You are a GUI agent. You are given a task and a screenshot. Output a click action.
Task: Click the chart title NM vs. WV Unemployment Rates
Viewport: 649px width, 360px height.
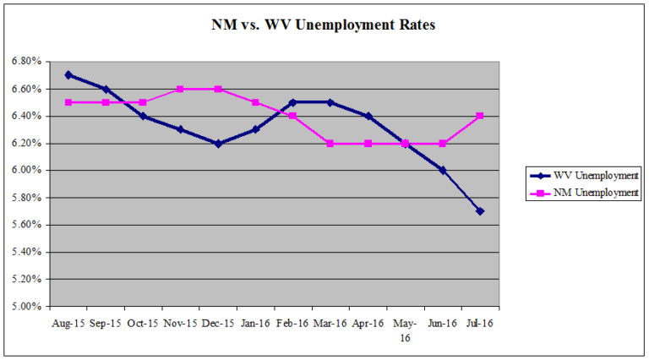point(323,25)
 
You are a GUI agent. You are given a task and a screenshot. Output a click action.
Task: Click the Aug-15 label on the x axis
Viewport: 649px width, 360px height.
point(68,322)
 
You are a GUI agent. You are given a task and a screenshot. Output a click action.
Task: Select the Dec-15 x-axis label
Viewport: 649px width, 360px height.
point(218,322)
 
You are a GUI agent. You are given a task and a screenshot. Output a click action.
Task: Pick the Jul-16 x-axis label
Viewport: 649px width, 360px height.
point(480,322)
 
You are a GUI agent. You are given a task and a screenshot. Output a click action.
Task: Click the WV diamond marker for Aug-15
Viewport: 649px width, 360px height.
point(68,74)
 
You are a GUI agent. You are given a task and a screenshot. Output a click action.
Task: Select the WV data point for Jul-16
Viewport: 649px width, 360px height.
point(480,210)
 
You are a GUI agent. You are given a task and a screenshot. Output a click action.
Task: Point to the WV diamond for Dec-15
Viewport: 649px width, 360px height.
point(218,143)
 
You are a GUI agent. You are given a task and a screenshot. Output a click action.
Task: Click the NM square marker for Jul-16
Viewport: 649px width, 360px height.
point(480,116)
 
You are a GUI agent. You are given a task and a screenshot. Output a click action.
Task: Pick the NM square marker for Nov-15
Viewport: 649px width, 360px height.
point(180,89)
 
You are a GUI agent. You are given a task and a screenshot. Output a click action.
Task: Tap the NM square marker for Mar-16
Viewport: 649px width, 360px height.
point(330,143)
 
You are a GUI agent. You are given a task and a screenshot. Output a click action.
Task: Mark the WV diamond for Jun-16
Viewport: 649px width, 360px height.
point(443,170)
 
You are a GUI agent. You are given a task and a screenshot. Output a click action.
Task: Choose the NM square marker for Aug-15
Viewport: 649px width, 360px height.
point(68,102)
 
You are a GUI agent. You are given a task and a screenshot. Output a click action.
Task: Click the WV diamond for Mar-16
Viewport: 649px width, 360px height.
point(330,102)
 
